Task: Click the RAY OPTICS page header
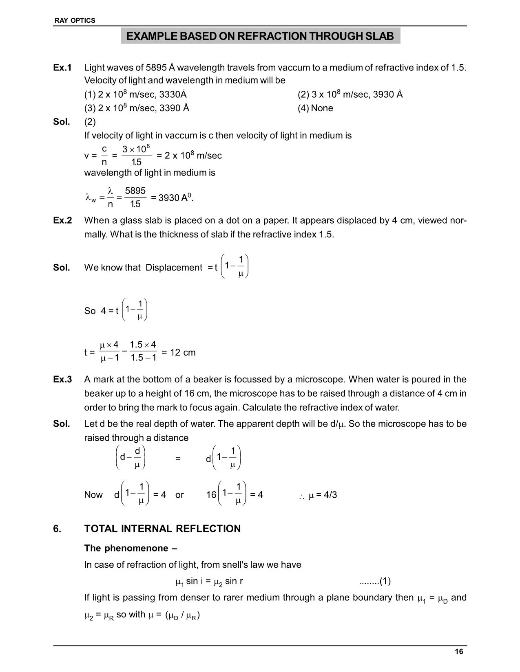click(75, 21)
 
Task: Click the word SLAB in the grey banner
click(379, 36)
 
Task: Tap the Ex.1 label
click(62, 68)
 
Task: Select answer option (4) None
click(315, 108)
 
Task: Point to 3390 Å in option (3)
click(174, 108)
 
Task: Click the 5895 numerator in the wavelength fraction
click(135, 191)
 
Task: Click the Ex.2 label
click(62, 221)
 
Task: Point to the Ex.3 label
click(62, 380)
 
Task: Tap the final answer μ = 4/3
click(323, 495)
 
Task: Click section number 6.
click(57, 529)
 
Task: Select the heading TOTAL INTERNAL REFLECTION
click(162, 529)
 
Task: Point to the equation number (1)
click(385, 581)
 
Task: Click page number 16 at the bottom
click(459, 652)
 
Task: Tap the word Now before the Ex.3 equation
click(93, 495)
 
